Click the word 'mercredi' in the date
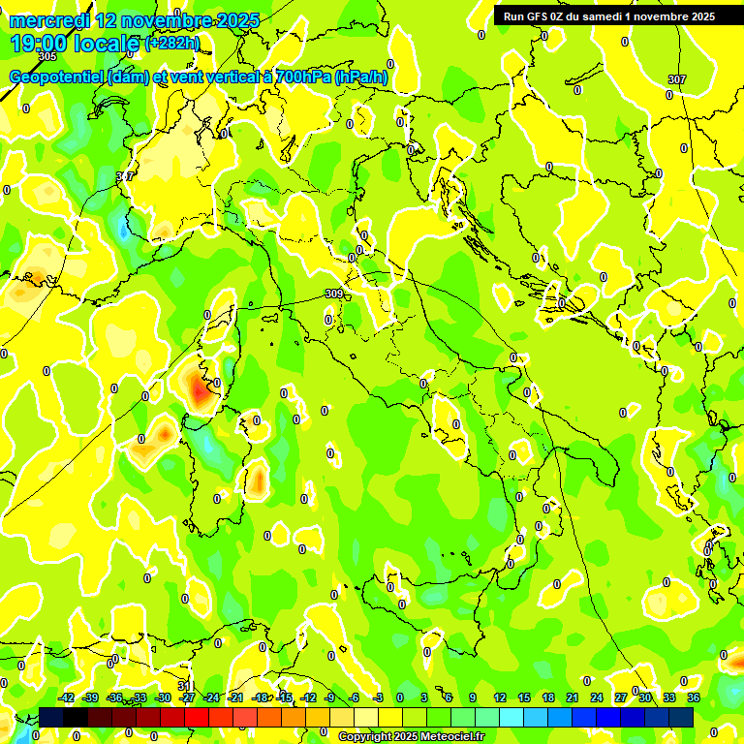pyautogui.click(x=48, y=20)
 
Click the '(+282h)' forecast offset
pyautogui.click(x=171, y=44)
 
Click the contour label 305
pyautogui.click(x=47, y=139)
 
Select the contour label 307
pyautogui.click(x=676, y=79)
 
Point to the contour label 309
pyautogui.click(x=333, y=294)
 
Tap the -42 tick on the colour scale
pyautogui.click(x=67, y=697)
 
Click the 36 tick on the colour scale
pyautogui.click(x=693, y=697)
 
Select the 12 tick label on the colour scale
pyautogui.click(x=500, y=697)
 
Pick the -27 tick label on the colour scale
pyautogui.click(x=187, y=697)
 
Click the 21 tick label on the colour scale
pyautogui.click(x=573, y=697)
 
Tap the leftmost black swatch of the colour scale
pyautogui.click(x=51, y=717)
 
